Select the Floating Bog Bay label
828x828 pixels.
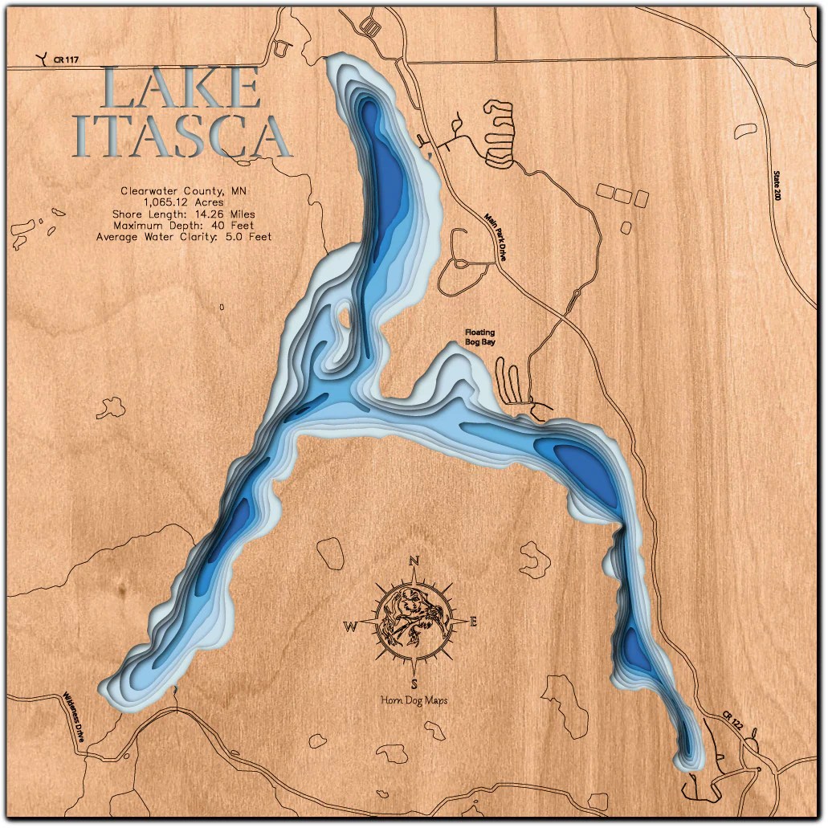coord(480,337)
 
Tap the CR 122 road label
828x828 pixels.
coord(732,720)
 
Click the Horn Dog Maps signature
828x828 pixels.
coord(414,700)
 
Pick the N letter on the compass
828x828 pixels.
coord(414,561)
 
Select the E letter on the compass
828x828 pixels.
coord(473,620)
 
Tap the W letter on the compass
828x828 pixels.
coord(352,627)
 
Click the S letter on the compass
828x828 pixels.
coord(414,683)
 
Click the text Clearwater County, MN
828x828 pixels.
coord(184,191)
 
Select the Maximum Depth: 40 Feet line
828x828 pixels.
coord(184,226)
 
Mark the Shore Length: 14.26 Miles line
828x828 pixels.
coord(184,214)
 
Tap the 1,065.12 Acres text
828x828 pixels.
coord(184,202)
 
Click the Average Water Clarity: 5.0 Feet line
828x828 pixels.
coord(184,237)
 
